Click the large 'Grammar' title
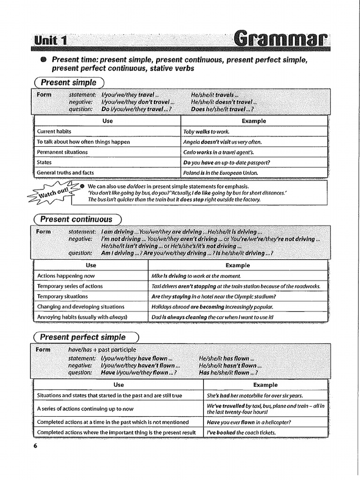pyautogui.click(x=280, y=37)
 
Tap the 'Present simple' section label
pyautogui.click(x=68, y=82)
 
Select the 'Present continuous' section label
pyautogui.click(x=76, y=219)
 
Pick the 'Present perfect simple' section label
pyautogui.click(x=83, y=337)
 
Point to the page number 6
pyautogui.click(x=35, y=445)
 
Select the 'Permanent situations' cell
pyautogui.click(x=62, y=152)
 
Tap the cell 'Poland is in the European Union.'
pyautogui.click(x=221, y=173)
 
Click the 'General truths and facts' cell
pyautogui.click(x=66, y=173)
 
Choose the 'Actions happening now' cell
pyautogui.click(x=66, y=276)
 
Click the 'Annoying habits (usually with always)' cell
pyautogui.click(x=82, y=317)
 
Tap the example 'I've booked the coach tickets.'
pyautogui.click(x=241, y=433)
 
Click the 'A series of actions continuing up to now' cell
pyautogui.click(x=85, y=409)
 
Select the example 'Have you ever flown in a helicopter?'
pyautogui.click(x=249, y=422)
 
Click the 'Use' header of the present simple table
pyautogui.click(x=107, y=121)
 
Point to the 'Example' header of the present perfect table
pyautogui.click(x=265, y=385)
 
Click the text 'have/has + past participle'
pyautogui.click(x=102, y=350)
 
